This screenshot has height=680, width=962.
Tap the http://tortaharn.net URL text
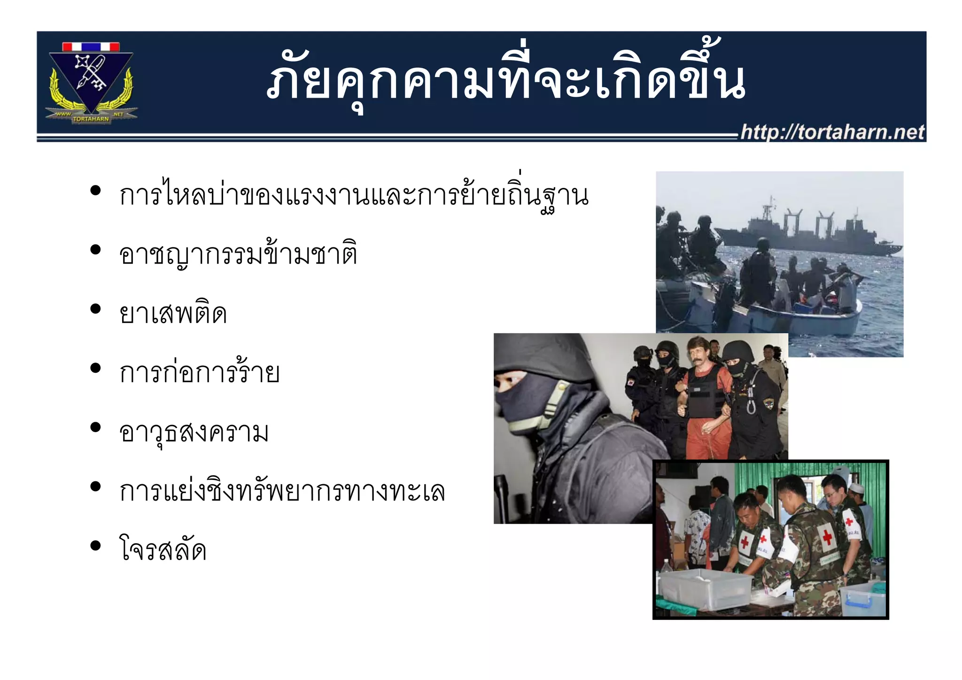832,132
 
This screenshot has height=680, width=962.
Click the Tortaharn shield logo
91,82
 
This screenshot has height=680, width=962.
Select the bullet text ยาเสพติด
173,313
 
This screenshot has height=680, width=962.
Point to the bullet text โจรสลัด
163,549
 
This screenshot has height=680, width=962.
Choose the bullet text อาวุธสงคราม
194,432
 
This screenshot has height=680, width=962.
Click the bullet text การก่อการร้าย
199,373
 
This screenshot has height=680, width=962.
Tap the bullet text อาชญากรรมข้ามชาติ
238,255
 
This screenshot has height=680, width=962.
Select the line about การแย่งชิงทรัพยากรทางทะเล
282,491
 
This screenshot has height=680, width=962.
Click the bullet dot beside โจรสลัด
95,545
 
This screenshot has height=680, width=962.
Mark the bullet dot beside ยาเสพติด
95,309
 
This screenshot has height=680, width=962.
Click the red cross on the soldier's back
827,536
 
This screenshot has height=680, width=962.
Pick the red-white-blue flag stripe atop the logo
91,46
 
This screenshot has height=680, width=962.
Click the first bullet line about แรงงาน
353,195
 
